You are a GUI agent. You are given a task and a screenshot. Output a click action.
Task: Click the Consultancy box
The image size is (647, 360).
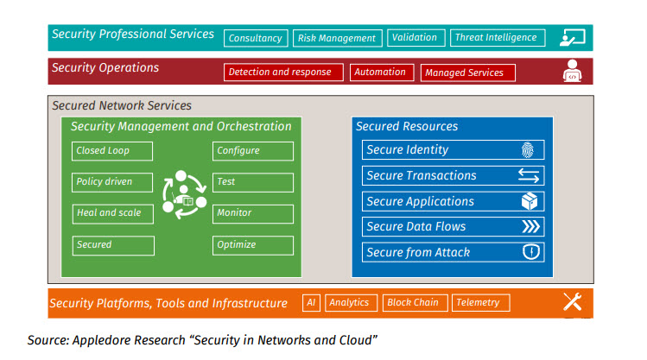(x=256, y=38)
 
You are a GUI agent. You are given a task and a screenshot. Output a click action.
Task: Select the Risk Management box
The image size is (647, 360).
(x=336, y=38)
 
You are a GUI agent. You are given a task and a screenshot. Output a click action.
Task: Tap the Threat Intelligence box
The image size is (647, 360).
(x=496, y=38)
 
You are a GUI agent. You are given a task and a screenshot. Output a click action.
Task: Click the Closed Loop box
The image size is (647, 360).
(x=112, y=151)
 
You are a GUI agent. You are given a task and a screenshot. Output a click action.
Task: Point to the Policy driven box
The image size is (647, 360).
(x=112, y=182)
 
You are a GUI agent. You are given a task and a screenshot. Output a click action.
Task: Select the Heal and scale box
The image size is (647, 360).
(x=112, y=213)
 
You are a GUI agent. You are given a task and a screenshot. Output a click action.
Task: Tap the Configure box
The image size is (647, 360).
(x=252, y=151)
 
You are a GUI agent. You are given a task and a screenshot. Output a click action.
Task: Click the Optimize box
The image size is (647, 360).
(x=252, y=245)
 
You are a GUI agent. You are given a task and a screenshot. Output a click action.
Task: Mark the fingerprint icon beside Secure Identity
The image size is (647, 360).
(x=529, y=150)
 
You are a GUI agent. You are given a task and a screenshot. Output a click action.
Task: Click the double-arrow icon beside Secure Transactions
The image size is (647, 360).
(x=529, y=176)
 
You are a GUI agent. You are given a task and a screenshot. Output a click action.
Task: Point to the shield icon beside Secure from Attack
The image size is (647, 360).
(x=531, y=253)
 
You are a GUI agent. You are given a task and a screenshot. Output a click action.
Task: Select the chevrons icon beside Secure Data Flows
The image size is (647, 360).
(x=530, y=227)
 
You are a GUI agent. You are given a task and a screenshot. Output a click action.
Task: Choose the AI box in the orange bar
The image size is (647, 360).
(x=311, y=303)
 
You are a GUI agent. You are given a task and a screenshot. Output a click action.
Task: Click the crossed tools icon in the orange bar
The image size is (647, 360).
(x=572, y=302)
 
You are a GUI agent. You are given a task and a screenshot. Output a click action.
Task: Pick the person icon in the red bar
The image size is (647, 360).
(x=571, y=70)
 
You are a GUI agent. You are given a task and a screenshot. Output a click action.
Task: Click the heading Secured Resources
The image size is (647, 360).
(x=407, y=127)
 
